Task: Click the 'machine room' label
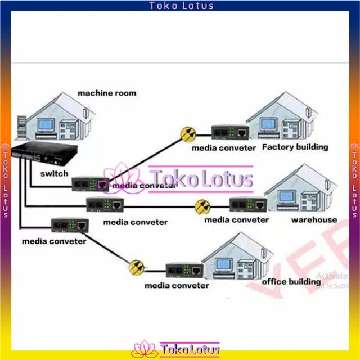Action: (106, 93)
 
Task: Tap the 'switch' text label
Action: (54, 173)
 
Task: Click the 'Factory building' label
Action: (295, 147)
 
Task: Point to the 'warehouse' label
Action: (314, 219)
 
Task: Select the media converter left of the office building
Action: (184, 269)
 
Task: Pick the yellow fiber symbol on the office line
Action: (135, 267)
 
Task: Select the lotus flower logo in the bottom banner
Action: (143, 349)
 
